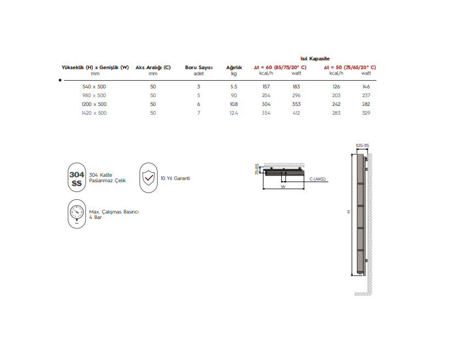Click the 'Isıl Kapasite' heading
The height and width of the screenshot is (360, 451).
pos(315,58)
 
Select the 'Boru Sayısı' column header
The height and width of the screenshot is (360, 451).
pos(199,67)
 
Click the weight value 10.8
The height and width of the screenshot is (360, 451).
pos(233,104)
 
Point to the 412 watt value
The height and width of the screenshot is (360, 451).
pos(296,113)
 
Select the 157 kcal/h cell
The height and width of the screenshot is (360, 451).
pos(266,87)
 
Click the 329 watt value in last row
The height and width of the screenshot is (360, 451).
pos(366,113)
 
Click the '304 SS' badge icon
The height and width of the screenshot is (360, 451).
pos(76,178)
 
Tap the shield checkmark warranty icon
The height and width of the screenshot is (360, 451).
pos(148,178)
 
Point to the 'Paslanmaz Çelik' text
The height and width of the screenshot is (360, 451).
pos(108,181)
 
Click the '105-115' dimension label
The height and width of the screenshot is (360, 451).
pos(362,145)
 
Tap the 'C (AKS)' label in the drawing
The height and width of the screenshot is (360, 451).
pos(317,179)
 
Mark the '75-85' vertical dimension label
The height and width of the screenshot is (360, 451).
pos(257,169)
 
